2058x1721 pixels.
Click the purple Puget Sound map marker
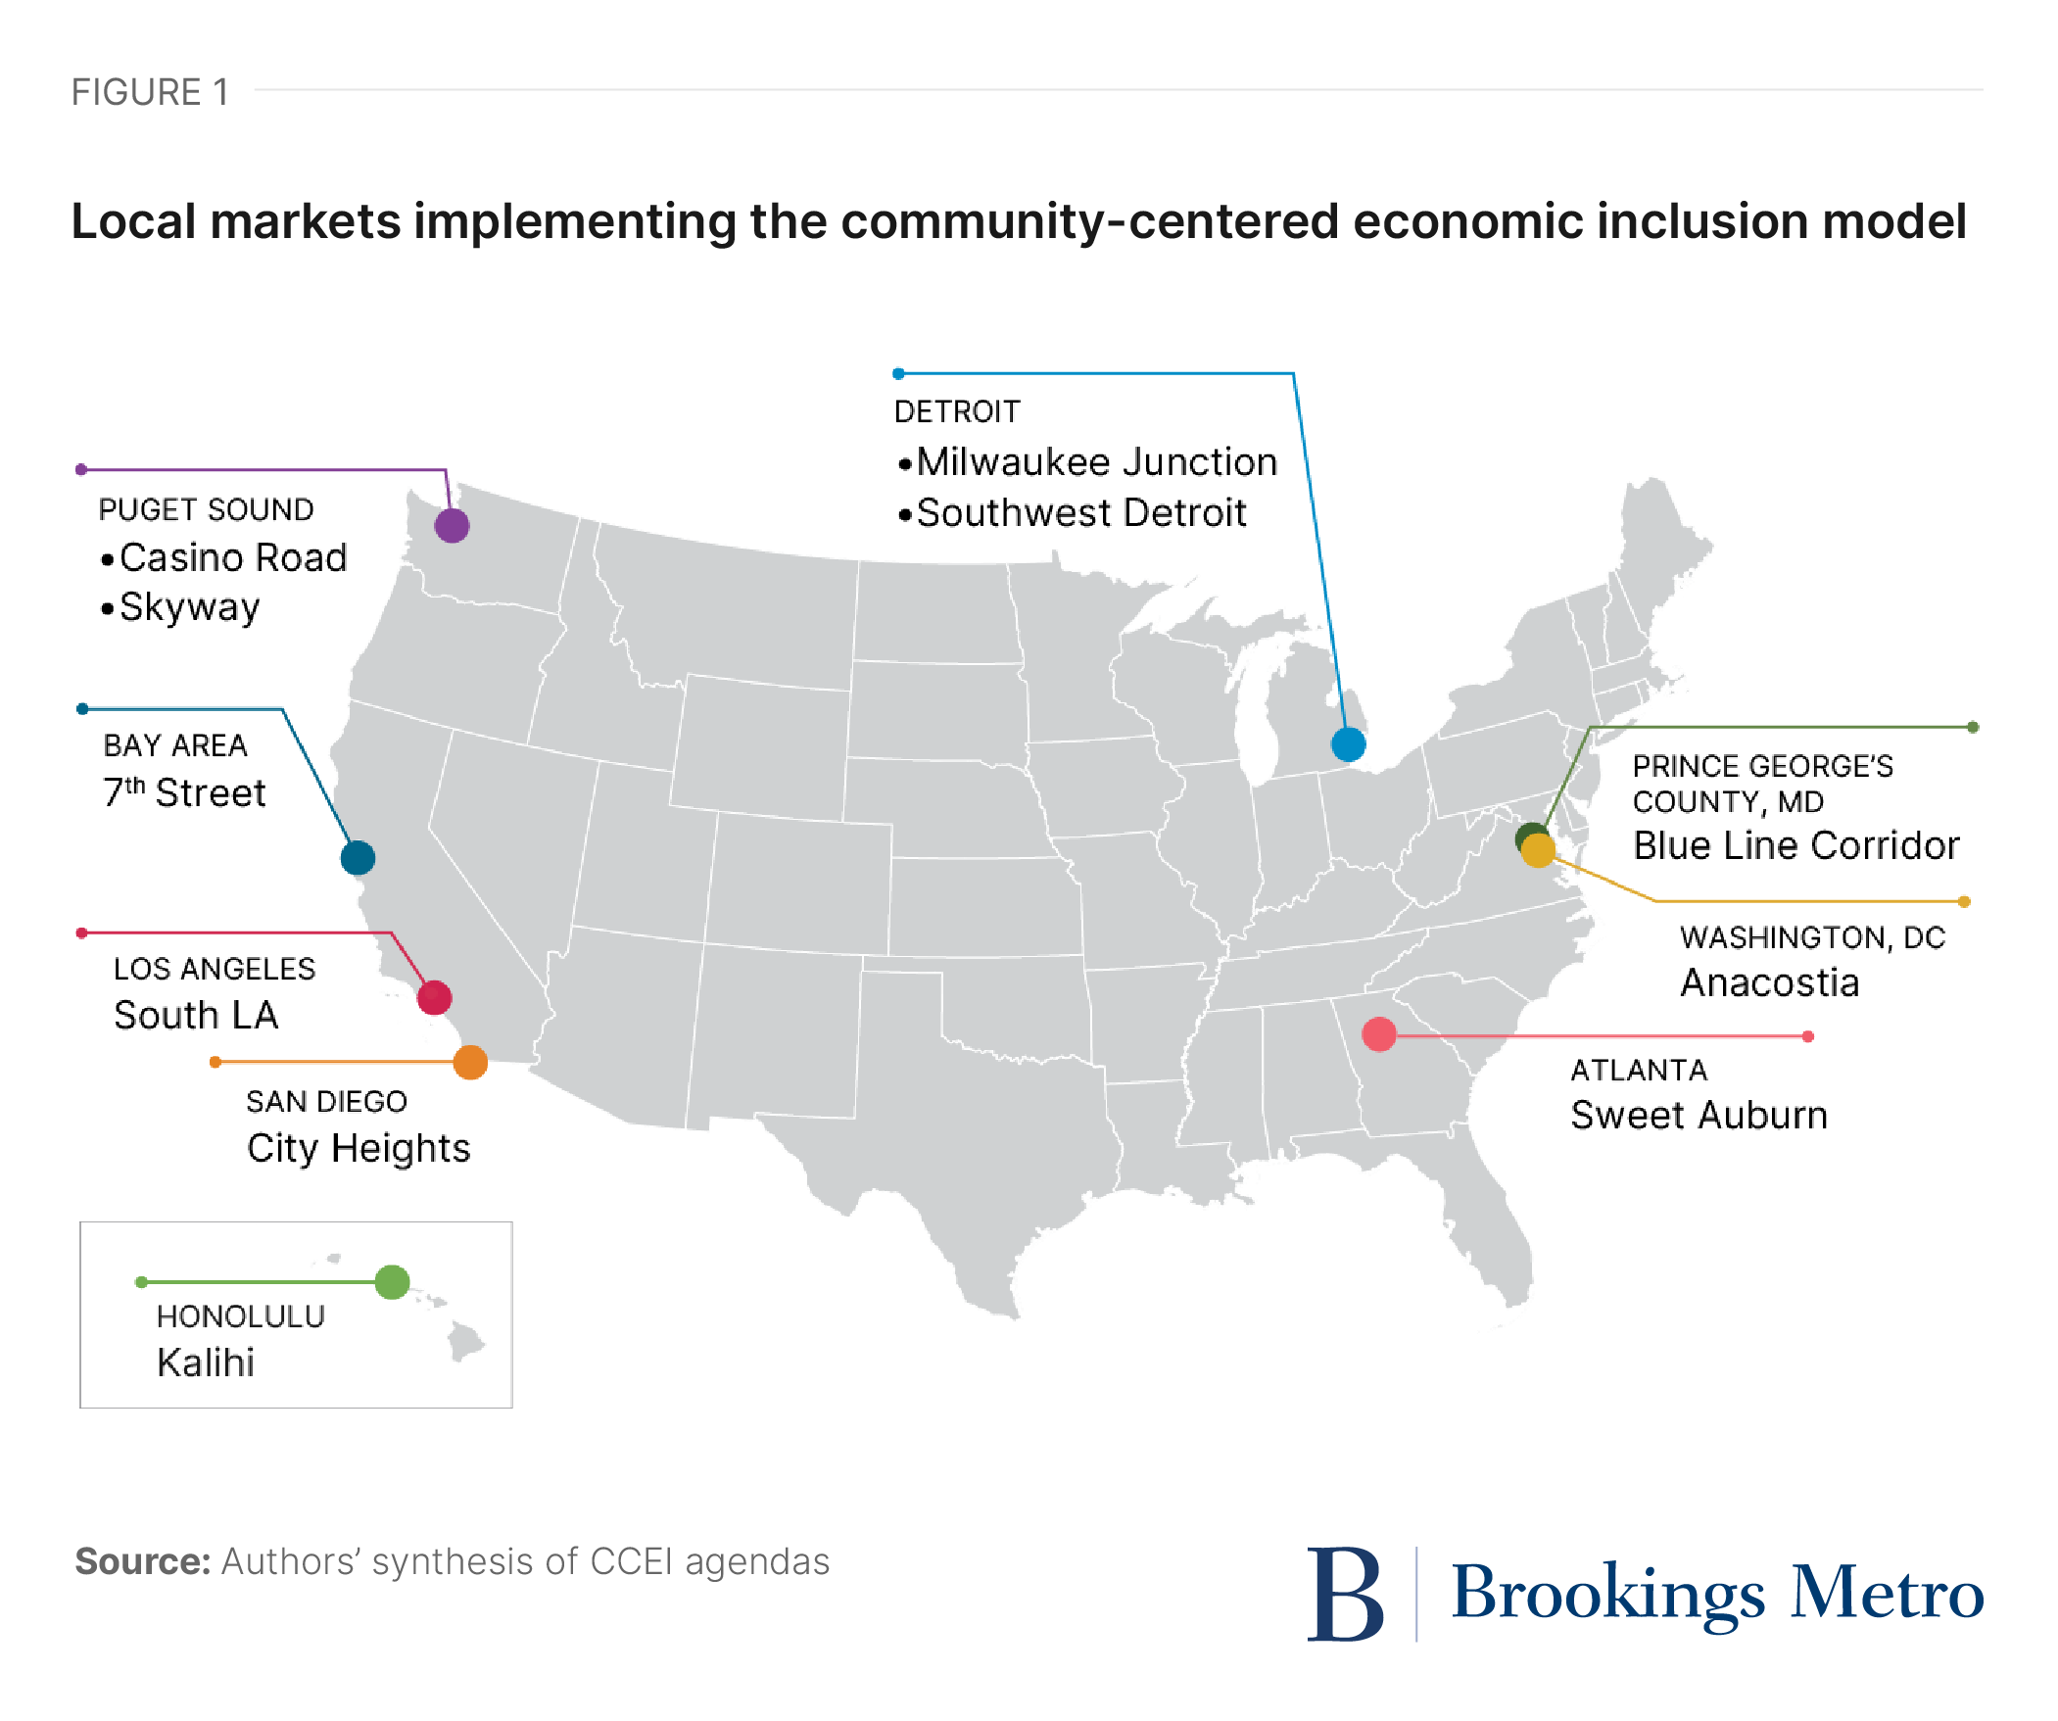(452, 525)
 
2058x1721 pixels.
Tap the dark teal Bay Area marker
(358, 857)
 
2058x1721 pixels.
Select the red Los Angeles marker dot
(434, 998)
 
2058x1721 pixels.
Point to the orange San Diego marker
(470, 1062)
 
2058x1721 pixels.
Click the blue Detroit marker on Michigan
(1349, 743)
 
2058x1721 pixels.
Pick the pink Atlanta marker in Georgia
(1379, 1034)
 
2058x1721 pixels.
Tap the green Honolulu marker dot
(392, 1281)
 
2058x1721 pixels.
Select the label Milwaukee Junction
(1096, 461)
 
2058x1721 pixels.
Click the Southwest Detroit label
(1081, 512)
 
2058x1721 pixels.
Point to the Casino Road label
(233, 557)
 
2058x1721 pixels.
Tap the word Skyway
(190, 607)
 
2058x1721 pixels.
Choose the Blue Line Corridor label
(1795, 844)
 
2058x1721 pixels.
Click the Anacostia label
(1769, 982)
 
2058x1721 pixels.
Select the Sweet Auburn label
(1699, 1116)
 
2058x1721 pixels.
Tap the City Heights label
(358, 1149)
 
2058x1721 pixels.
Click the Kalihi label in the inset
(206, 1362)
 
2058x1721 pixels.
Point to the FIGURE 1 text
(150, 92)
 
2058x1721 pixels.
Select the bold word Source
(143, 1561)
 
